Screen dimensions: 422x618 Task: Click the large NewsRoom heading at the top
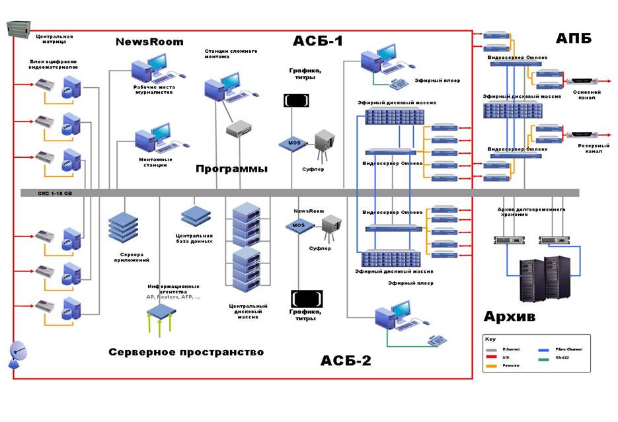[x=149, y=42]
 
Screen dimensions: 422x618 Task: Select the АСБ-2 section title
[x=346, y=361]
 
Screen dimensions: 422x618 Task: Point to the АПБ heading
[x=573, y=38]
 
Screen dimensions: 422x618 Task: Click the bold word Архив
[x=509, y=316]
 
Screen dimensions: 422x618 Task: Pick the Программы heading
[x=231, y=168]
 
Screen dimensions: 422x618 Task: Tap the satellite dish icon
[x=18, y=355]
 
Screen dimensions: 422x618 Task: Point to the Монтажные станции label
[x=156, y=162]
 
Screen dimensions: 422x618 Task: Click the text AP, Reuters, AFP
[x=173, y=297]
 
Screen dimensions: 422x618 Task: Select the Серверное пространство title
[x=186, y=352]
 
